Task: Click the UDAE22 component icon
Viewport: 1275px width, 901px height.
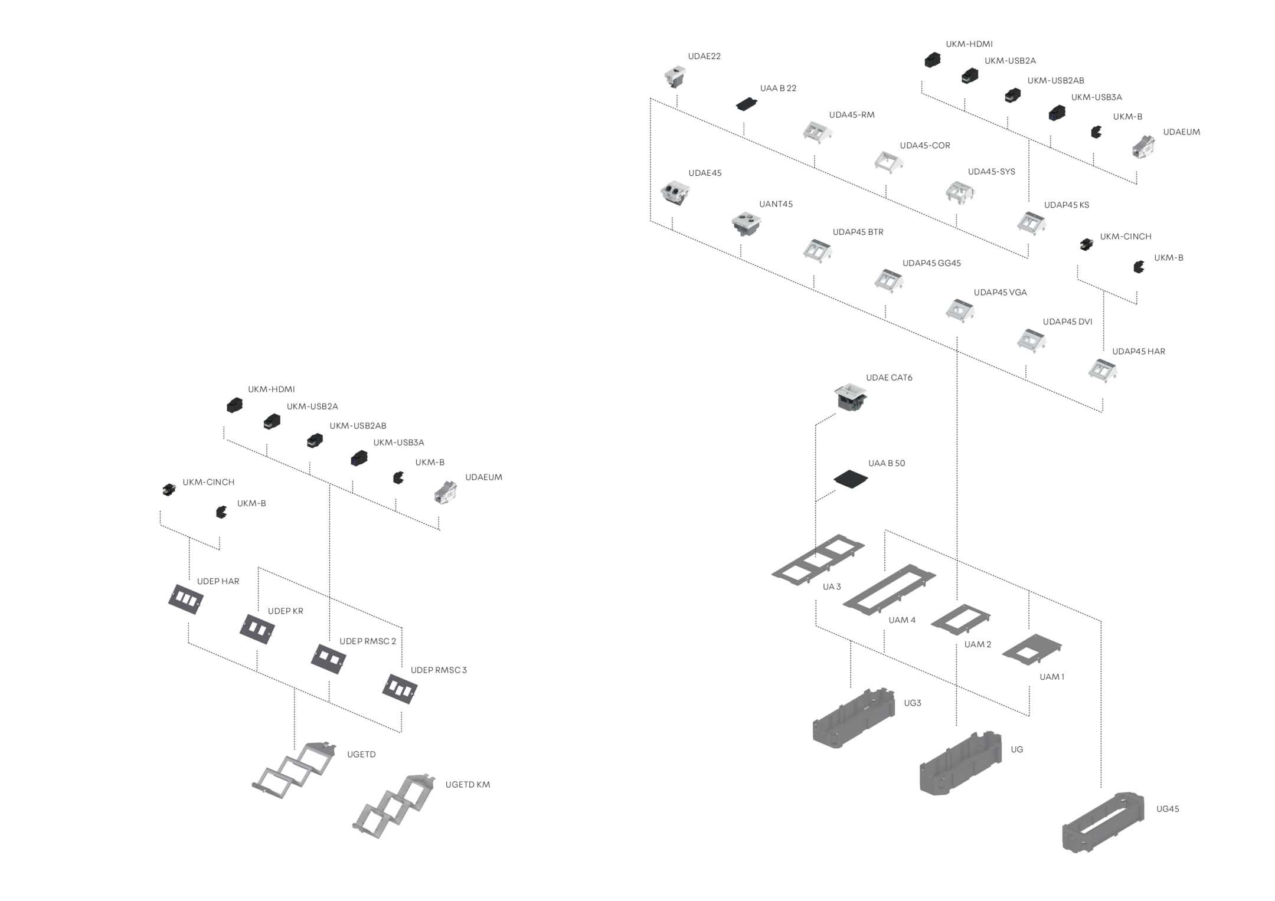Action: point(675,77)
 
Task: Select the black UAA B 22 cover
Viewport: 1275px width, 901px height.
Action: point(747,104)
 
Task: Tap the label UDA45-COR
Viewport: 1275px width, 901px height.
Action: point(925,145)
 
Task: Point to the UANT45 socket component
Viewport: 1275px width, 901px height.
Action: point(746,224)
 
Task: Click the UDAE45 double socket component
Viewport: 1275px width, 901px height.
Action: point(675,193)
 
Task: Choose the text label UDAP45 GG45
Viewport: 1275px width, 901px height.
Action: point(931,263)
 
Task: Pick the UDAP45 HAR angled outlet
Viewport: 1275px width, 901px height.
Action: point(1103,371)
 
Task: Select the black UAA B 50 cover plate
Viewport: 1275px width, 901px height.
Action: point(851,479)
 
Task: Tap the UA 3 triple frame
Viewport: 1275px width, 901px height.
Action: point(818,559)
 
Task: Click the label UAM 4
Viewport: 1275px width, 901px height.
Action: point(902,620)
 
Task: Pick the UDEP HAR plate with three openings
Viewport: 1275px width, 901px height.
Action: point(185,599)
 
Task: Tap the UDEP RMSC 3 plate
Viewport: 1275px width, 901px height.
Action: point(400,689)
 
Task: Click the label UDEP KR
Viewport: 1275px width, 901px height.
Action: point(286,611)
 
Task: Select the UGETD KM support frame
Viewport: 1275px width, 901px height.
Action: point(393,805)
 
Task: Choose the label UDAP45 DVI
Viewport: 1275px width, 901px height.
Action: point(1067,322)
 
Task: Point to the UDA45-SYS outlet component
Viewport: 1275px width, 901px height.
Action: point(960,192)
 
